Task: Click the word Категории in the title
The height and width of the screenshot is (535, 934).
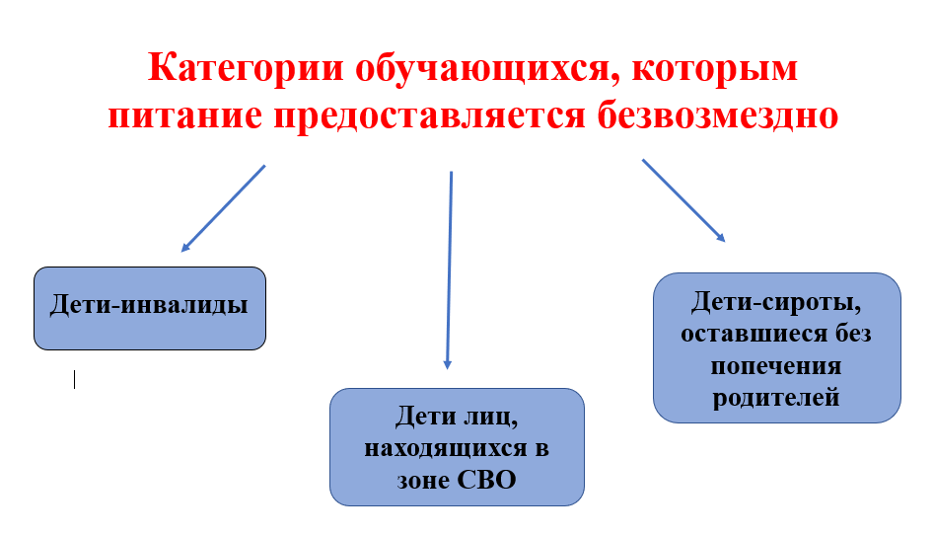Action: pos(246,68)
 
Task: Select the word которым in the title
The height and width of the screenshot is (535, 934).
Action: pos(714,69)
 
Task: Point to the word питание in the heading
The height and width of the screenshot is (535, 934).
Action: pos(184,115)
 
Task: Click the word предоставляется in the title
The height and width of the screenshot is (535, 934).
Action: pos(429,116)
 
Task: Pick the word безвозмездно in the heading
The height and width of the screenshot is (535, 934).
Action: pos(718,115)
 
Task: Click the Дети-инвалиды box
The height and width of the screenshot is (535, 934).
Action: pos(150,308)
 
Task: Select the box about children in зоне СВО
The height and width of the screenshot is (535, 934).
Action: pos(457,447)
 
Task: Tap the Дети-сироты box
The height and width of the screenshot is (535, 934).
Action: pos(777,347)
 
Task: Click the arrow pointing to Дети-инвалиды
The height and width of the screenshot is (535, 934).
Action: pos(223,208)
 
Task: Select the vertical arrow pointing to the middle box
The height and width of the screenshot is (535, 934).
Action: pos(449,270)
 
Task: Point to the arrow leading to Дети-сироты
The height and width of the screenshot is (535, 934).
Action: pos(683,200)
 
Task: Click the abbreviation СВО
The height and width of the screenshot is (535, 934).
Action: pos(486,480)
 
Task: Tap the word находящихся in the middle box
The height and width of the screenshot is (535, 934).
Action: pos(446,448)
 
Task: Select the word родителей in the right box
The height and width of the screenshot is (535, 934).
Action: pos(776,398)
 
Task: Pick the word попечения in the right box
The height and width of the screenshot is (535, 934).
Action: pos(776,366)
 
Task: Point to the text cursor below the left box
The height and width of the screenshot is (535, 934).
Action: pos(74,379)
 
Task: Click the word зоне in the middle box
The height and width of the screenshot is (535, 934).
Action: pos(424,481)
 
